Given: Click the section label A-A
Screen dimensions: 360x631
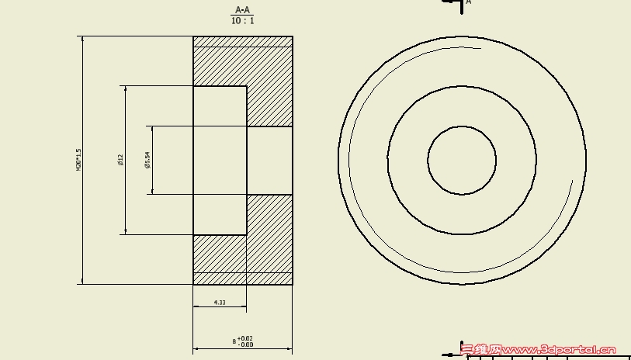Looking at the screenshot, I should (x=243, y=10).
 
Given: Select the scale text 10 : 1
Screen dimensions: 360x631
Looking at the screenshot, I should (x=243, y=21).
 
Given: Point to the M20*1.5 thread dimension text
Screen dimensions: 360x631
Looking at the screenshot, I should (x=78, y=160).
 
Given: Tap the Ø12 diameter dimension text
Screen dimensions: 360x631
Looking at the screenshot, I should (x=121, y=160).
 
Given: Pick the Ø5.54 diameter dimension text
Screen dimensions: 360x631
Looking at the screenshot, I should (x=147, y=160).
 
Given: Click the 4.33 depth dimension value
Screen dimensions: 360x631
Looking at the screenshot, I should (x=220, y=303).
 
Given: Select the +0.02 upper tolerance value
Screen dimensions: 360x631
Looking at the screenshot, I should (x=245, y=338).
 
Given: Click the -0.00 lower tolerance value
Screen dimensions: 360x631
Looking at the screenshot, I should (x=245, y=344).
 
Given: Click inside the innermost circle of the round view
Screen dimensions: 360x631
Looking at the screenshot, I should (x=462, y=161).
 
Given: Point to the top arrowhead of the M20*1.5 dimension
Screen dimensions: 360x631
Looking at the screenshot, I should (x=82, y=40).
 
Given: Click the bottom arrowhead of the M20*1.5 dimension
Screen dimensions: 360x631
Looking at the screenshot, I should (x=82, y=281).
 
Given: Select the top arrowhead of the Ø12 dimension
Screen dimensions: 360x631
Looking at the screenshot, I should (x=125, y=89).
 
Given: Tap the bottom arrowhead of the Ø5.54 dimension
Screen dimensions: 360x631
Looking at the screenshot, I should (x=152, y=191).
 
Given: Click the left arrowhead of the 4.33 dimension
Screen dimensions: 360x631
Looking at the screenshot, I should (x=196, y=307).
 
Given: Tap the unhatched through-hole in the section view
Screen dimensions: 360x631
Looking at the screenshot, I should (x=269, y=161).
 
